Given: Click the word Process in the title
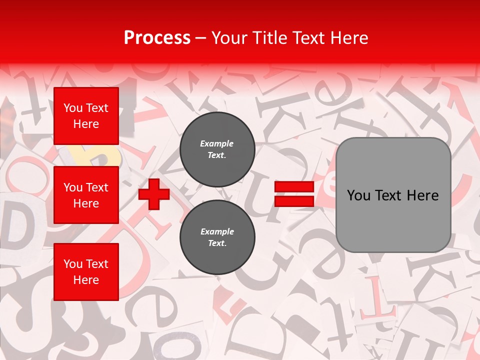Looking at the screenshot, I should point(157,38).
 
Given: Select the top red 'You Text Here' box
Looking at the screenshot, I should point(86,116).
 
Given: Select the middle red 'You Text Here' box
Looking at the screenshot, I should point(86,195).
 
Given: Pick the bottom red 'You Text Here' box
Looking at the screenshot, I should point(86,271).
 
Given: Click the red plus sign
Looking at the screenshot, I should point(154,194).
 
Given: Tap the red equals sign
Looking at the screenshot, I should point(294,194).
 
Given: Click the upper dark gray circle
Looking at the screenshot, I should point(217,149).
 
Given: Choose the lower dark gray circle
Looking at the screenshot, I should point(217,237).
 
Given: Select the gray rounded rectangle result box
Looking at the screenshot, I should point(393,195).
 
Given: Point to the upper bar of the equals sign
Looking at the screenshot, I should point(294,187).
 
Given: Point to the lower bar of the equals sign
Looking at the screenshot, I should point(294,201).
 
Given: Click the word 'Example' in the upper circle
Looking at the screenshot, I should point(217,144).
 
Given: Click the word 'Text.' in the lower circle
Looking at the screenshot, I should point(217,243).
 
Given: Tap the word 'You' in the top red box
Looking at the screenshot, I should point(73,108).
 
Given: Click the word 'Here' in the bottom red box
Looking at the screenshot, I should point(86,280).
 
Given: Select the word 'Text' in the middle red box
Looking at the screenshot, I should point(97,187).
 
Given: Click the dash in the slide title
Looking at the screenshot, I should point(201,38).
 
